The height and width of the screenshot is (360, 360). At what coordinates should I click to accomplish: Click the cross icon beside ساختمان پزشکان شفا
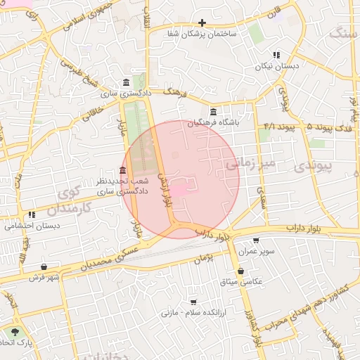pyautogui.click(x=202, y=23)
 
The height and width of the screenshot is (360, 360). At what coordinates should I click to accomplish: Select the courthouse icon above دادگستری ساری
pyautogui.click(x=125, y=82)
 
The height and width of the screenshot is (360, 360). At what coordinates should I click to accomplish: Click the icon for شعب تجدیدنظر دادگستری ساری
pyautogui.click(x=123, y=171)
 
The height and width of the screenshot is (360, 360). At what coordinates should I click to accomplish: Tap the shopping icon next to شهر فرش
pyautogui.click(x=44, y=267)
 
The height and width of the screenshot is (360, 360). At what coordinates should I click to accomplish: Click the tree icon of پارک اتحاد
pyautogui.click(x=15, y=330)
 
